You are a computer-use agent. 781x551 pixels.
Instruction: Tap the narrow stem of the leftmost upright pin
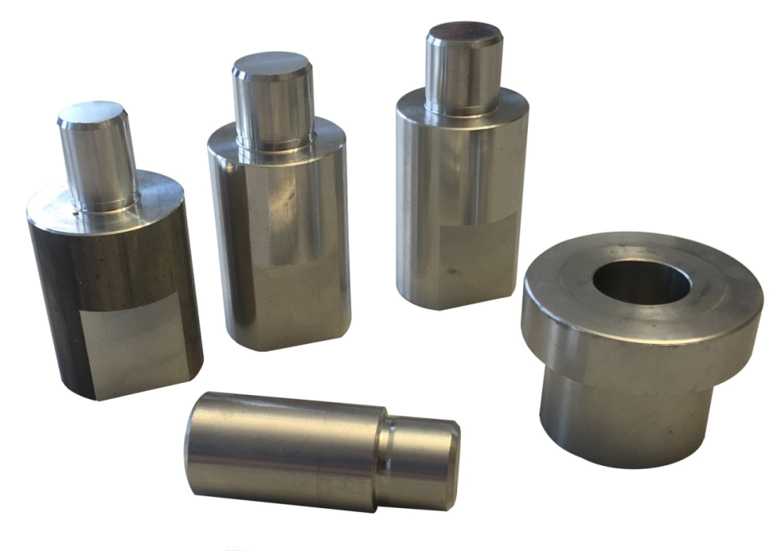98,164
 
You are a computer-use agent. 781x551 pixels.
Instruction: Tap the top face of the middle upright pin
272,64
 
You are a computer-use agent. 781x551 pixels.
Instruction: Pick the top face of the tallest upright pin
463,34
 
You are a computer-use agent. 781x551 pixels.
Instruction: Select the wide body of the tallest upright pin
461,203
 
